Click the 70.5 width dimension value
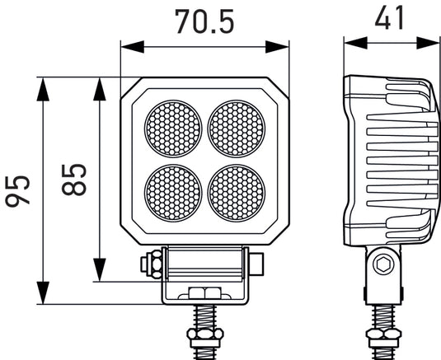click(204, 20)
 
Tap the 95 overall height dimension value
click(21, 190)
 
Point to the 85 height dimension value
click(75, 179)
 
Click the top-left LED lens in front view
click(173, 129)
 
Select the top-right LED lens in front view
click(237, 129)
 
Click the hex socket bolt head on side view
click(382, 265)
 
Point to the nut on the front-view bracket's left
click(152, 265)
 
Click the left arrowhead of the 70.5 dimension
click(126, 46)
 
